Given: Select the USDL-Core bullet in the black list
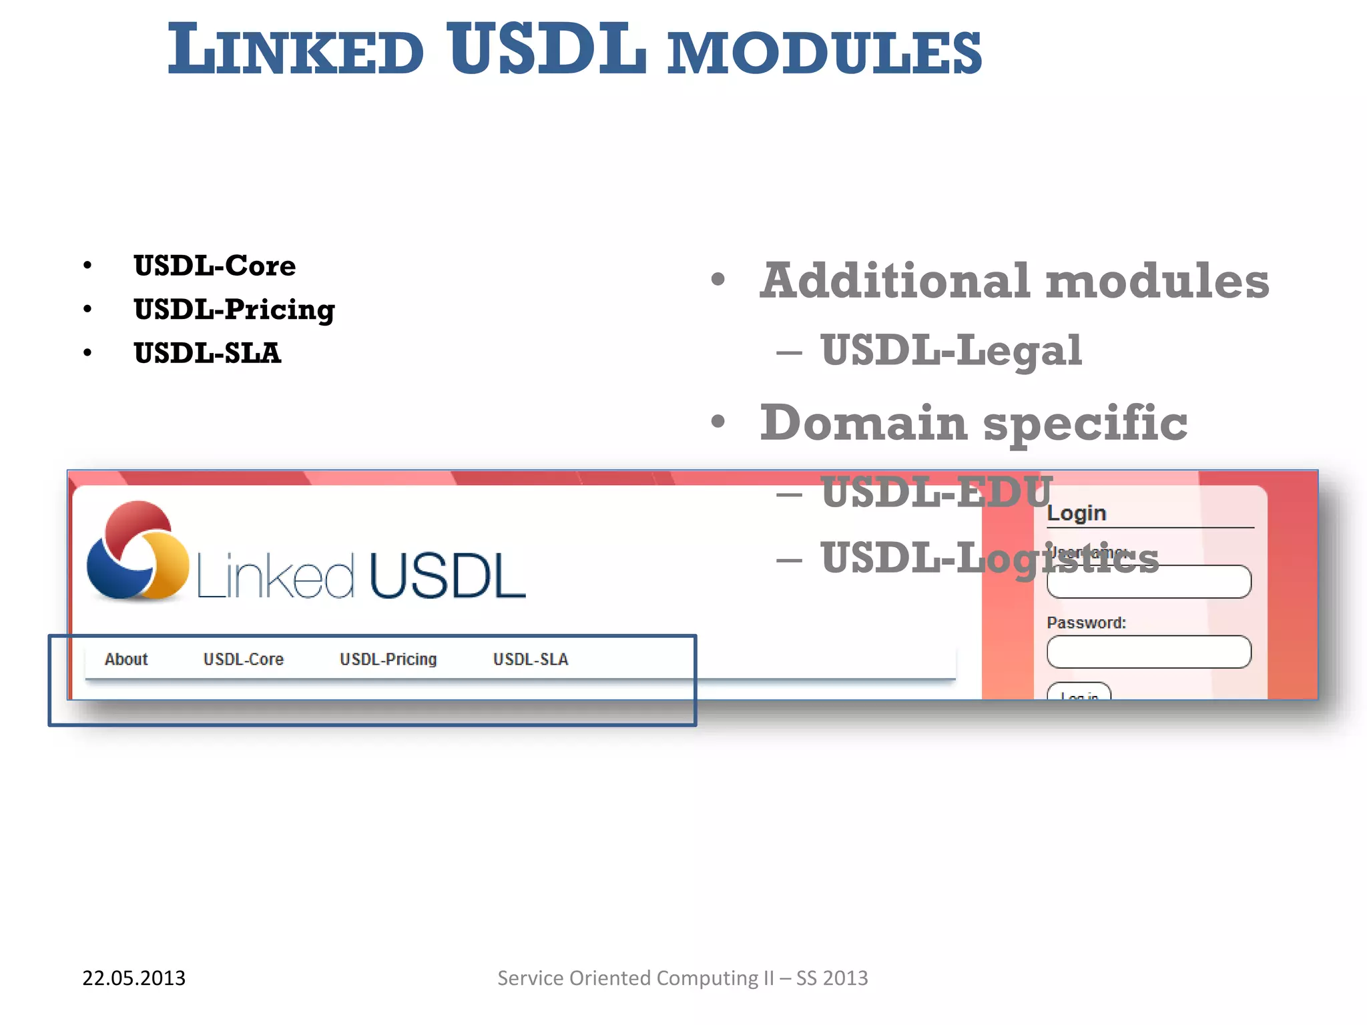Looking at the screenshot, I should [214, 266].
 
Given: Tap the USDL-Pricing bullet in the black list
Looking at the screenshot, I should [234, 310].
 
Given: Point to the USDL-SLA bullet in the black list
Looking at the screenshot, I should [207, 353].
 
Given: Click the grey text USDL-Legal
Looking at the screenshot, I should [950, 351].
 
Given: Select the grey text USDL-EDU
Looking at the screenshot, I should [936, 492].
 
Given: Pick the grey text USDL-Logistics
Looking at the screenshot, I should [989, 558].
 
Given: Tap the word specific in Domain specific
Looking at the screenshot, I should [1085, 424].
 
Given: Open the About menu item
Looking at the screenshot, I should [126, 659].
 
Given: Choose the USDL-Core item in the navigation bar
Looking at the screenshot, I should [244, 659].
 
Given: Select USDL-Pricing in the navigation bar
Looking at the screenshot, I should [388, 659].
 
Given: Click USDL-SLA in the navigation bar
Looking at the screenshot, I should [531, 659].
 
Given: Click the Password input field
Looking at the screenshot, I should [1149, 652].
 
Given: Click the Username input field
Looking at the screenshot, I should [1149, 583].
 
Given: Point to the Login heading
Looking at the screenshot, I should [1077, 513].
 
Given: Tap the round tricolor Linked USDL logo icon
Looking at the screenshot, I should [138, 551].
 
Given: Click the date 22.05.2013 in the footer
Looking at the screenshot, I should [133, 978].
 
